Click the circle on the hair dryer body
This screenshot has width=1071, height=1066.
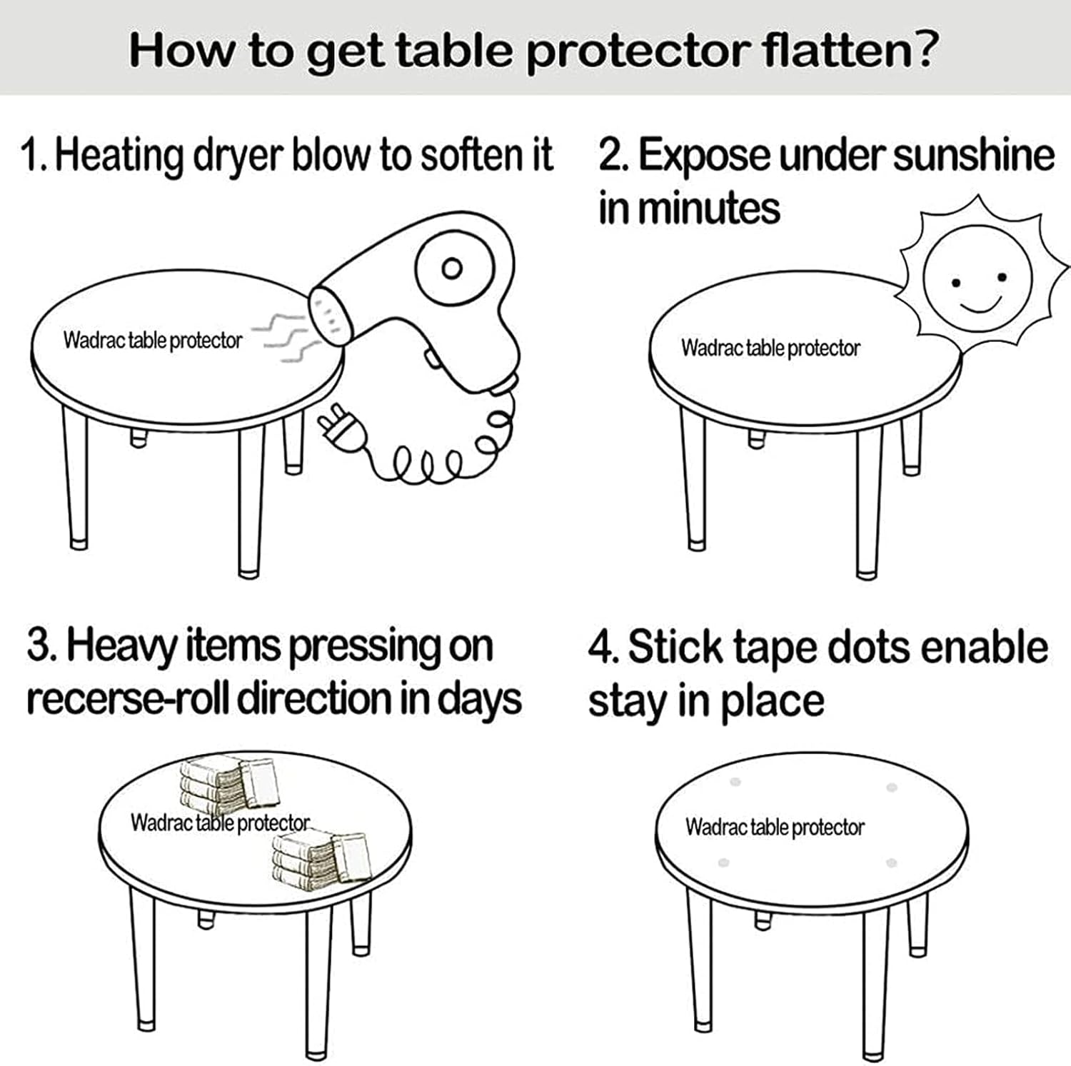(x=452, y=269)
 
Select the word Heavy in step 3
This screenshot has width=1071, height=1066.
(x=122, y=647)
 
